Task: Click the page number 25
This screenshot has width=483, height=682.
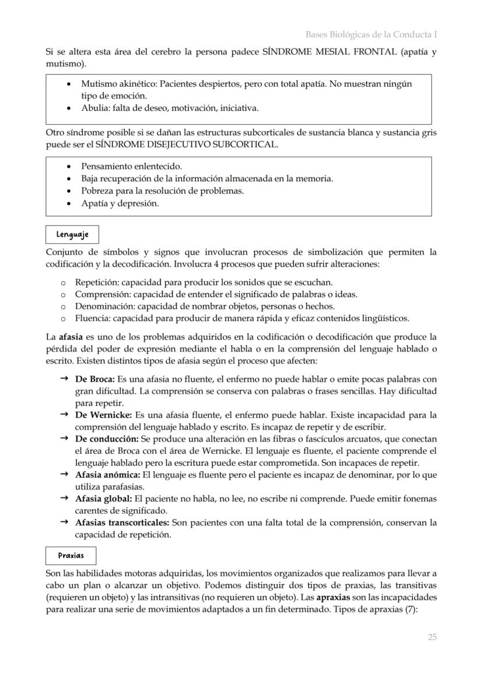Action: [432, 637]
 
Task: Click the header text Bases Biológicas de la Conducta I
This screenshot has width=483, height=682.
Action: [371, 34]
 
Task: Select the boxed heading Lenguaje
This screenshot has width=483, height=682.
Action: [72, 235]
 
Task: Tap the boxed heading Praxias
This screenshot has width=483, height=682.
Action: [71, 556]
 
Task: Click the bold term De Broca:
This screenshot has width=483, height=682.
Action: [95, 379]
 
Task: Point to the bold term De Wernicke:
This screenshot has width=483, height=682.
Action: [104, 415]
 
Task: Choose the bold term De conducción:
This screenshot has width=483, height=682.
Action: [107, 439]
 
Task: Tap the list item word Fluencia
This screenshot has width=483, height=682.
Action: [92, 318]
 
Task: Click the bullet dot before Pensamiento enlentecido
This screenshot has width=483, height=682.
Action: [70, 167]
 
